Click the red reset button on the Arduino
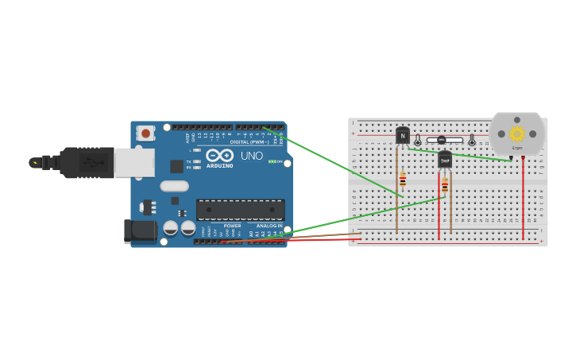pos(146,134)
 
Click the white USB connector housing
pos(133,163)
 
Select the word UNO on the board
pos(251,156)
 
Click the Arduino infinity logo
pos(219,155)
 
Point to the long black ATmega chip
pos(240,209)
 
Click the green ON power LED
pos(272,162)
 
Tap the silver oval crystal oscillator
pos(174,187)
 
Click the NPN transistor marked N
pos(403,136)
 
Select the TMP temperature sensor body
pos(445,161)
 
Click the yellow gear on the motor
pos(517,134)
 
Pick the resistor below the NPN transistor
pos(403,180)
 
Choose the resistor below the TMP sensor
pos(445,185)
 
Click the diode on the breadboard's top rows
pos(442,141)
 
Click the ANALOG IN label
pos(269,226)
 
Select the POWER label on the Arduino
pos(232,226)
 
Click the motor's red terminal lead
pos(523,199)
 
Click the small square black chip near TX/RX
pos(176,166)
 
